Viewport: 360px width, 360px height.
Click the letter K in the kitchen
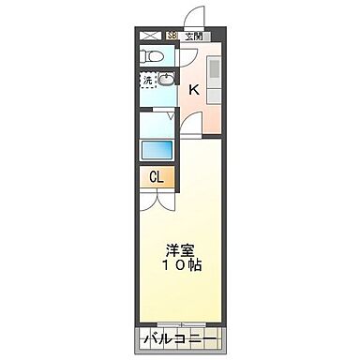tap(194, 90)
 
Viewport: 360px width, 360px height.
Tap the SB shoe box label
tap(172, 36)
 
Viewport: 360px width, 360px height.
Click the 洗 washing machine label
tap(148, 82)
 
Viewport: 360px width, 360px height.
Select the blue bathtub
tap(157, 148)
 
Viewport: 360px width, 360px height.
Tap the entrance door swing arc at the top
tap(195, 16)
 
